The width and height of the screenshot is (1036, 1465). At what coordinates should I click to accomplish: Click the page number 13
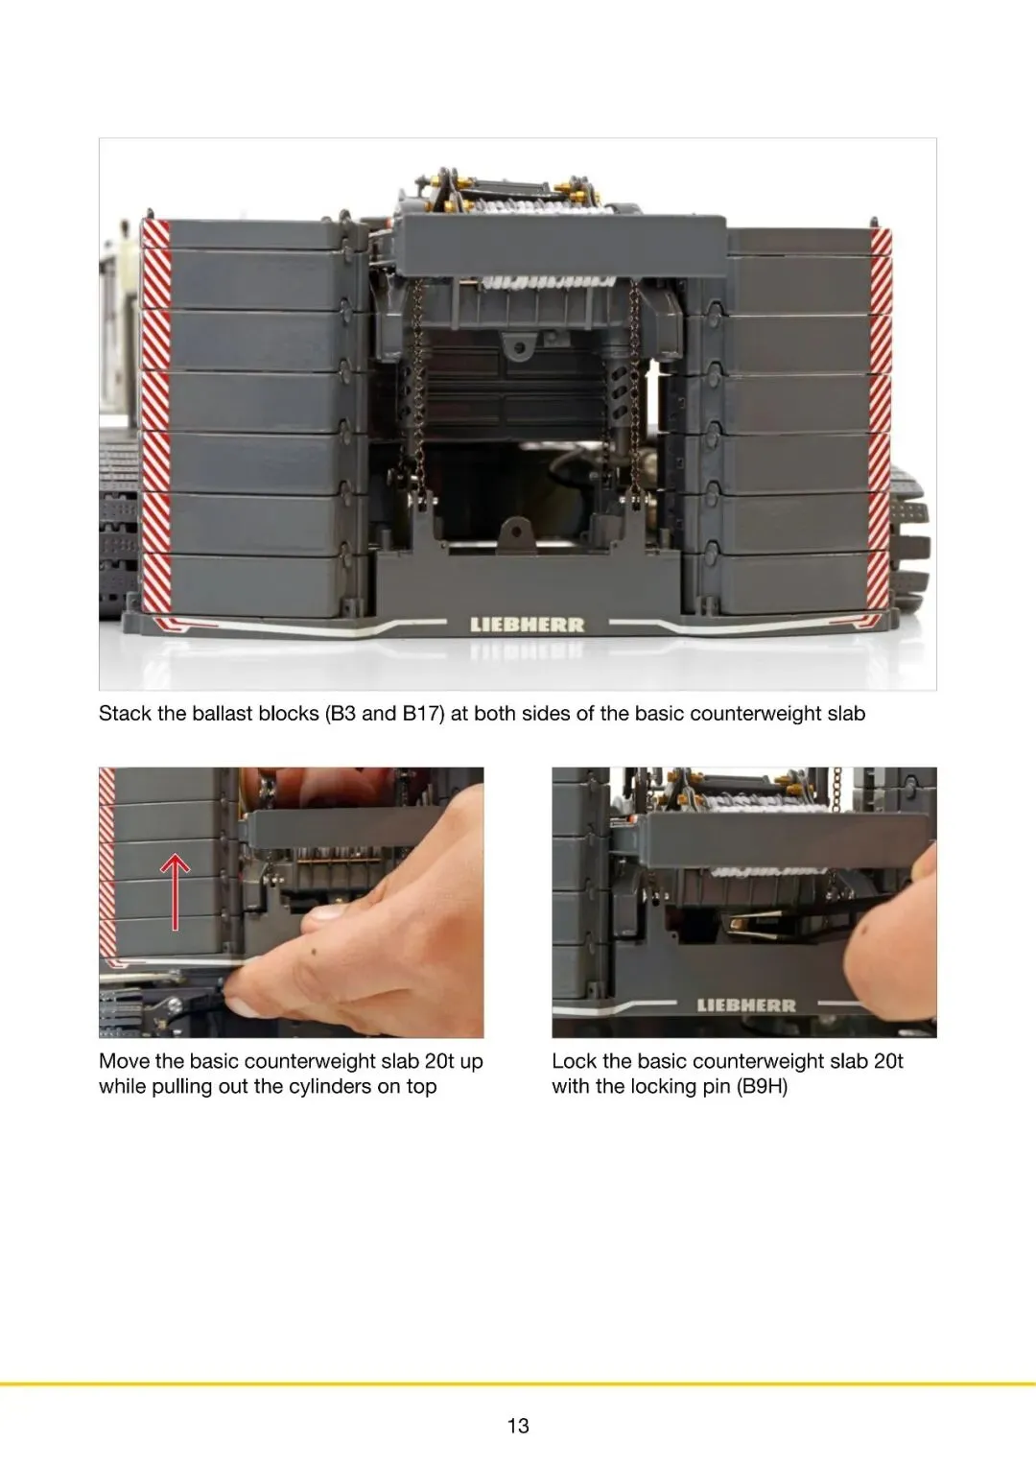click(518, 1425)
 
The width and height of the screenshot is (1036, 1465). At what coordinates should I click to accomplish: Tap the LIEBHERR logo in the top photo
click(528, 625)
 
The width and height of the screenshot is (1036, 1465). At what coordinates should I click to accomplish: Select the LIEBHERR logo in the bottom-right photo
click(746, 1005)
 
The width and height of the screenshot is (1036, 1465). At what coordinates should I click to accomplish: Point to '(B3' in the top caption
click(341, 713)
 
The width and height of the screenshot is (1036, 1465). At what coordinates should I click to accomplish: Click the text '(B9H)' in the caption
click(762, 1086)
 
